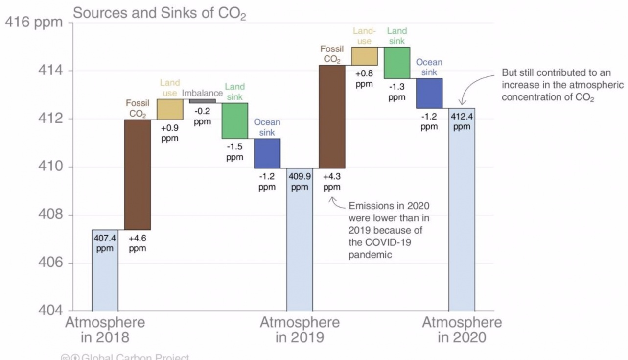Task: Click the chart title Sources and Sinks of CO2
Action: [159, 13]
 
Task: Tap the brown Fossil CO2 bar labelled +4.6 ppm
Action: [138, 174]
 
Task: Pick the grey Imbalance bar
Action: [202, 101]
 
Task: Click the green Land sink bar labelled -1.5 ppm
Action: [234, 120]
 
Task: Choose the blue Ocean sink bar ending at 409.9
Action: [267, 153]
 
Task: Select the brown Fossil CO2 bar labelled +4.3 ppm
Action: [332, 117]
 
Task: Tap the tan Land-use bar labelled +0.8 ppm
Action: [364, 56]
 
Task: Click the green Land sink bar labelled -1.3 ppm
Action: [397, 63]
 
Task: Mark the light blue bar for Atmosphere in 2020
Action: [462, 220]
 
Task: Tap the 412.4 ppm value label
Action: [462, 122]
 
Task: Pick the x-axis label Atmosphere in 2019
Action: [300, 330]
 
